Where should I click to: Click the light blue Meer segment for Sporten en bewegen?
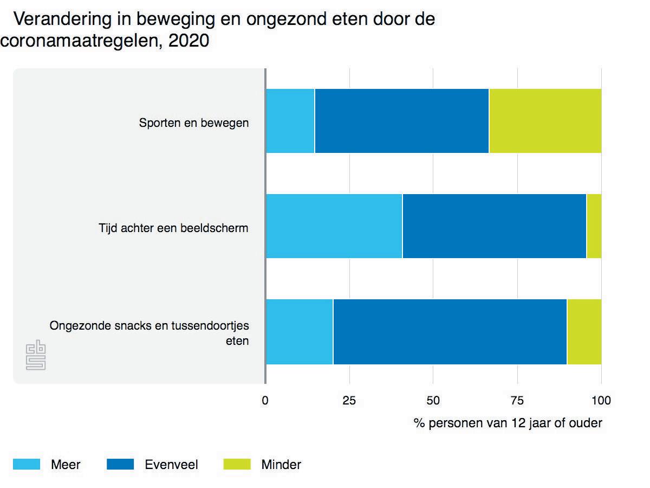pyautogui.click(x=290, y=121)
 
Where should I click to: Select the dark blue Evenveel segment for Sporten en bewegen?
pyautogui.click(x=401, y=121)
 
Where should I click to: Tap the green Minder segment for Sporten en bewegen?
pyautogui.click(x=545, y=121)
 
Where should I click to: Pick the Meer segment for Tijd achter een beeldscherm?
pyautogui.click(x=334, y=226)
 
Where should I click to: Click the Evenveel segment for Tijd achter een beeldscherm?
pyautogui.click(x=494, y=226)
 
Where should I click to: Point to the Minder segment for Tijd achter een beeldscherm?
pyautogui.click(x=594, y=226)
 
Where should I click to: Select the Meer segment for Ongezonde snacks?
pyautogui.click(x=299, y=331)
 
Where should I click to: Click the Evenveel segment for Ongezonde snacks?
pyautogui.click(x=450, y=331)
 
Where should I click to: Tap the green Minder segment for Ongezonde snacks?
pyautogui.click(x=584, y=331)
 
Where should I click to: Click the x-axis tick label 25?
pyautogui.click(x=349, y=401)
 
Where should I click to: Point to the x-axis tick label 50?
pyautogui.click(x=433, y=401)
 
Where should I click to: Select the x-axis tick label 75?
pyautogui.click(x=517, y=401)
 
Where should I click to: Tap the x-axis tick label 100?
pyautogui.click(x=601, y=401)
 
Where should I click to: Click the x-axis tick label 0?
pyautogui.click(x=265, y=401)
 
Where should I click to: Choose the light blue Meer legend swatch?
pyautogui.click(x=27, y=464)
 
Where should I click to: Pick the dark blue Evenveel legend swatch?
pyautogui.click(x=121, y=464)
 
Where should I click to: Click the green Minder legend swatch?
pyautogui.click(x=237, y=464)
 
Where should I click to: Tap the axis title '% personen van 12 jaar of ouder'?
pyautogui.click(x=508, y=423)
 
